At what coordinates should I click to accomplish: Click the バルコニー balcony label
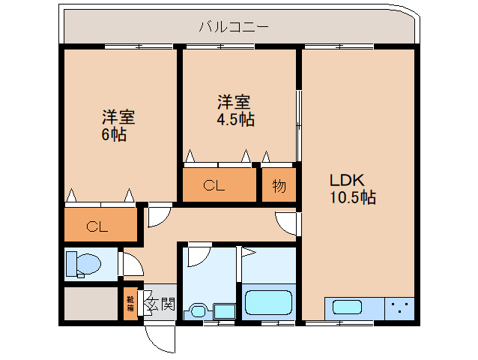point(234,28)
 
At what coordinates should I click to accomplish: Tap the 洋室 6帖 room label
point(118,125)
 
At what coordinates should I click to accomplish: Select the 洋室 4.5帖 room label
point(235,109)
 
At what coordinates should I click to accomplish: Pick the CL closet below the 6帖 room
point(100,226)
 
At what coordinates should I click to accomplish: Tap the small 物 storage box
point(279,186)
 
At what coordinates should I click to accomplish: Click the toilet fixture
point(82,264)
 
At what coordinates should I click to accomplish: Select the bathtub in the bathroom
point(267,302)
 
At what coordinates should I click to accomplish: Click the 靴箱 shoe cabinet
point(130,303)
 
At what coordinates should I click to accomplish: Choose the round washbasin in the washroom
point(198,310)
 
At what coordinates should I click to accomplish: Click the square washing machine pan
point(223,310)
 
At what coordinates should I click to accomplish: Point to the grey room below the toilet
point(89,304)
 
